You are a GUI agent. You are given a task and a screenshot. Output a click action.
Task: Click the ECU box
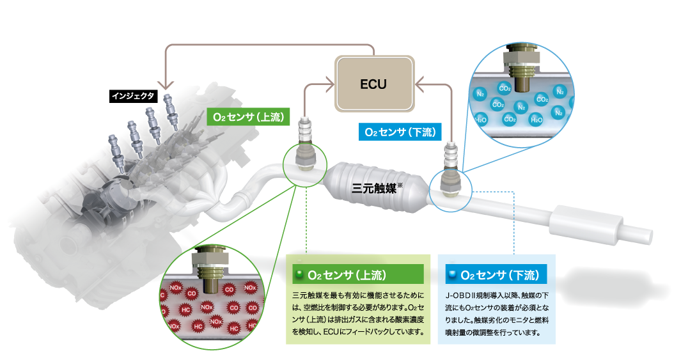373,84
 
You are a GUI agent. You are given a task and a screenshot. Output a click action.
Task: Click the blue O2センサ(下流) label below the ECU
399,132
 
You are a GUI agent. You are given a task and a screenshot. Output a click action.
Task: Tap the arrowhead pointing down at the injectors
166,86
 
